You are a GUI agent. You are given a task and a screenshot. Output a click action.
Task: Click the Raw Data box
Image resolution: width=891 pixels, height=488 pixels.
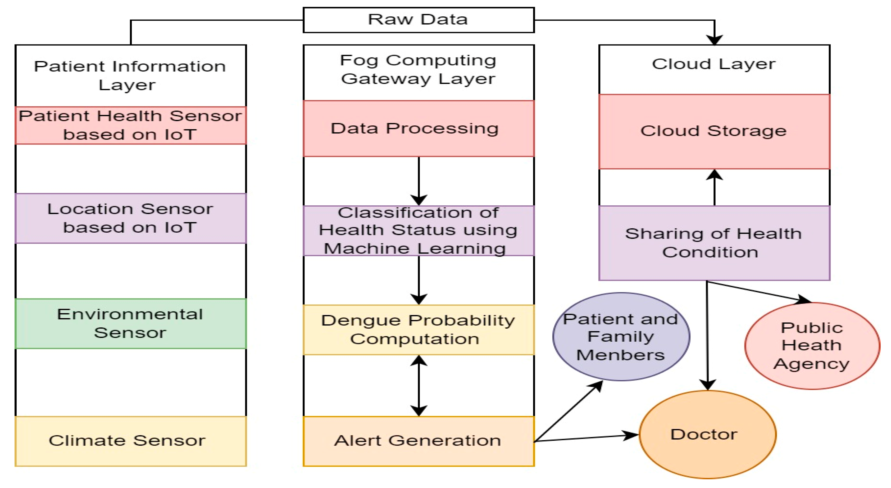tap(419, 20)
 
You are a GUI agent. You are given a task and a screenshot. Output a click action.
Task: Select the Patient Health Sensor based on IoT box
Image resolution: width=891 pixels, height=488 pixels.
tap(130, 125)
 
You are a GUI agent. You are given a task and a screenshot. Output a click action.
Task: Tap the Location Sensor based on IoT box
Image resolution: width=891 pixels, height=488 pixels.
tap(130, 218)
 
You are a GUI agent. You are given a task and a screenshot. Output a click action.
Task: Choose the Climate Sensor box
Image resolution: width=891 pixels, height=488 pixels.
tap(130, 441)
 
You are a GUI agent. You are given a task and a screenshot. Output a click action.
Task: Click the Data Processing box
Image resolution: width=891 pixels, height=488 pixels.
tap(419, 128)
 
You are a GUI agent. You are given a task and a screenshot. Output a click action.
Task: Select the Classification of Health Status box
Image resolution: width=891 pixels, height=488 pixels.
tap(419, 231)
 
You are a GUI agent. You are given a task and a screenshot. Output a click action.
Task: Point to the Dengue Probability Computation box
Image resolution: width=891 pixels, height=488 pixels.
tap(419, 329)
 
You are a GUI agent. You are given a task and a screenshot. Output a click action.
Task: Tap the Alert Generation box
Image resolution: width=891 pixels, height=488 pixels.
tap(419, 441)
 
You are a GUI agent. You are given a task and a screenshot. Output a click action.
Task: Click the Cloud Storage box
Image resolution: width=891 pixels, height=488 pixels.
tap(714, 132)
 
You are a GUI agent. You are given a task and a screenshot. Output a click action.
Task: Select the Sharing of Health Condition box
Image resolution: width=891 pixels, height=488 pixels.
tap(714, 243)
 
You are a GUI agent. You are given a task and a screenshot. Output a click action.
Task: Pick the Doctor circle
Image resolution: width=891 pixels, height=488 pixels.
tap(707, 434)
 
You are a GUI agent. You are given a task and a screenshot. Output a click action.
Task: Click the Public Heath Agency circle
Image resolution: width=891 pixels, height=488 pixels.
tap(812, 345)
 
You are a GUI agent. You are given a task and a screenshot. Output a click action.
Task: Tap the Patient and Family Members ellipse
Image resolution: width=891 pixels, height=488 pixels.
tap(621, 336)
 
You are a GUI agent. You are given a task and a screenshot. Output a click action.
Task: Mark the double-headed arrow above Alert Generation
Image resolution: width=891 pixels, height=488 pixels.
tap(419, 386)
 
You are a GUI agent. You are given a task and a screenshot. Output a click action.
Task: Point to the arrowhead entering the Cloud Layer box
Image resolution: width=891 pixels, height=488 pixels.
tap(714, 40)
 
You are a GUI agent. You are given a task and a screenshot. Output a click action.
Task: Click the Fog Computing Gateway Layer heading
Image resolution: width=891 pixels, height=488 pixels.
tap(419, 69)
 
